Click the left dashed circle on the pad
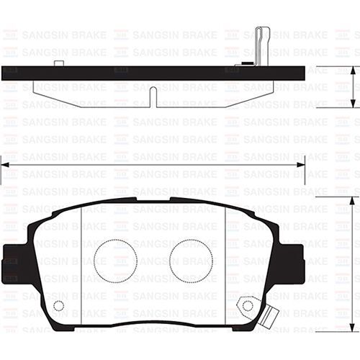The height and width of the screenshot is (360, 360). pyautogui.click(x=115, y=261)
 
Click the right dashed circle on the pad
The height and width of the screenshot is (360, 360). pyautogui.click(x=191, y=261)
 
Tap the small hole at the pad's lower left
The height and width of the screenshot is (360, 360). pyautogui.click(x=59, y=306)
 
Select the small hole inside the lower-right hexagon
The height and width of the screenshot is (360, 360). pyautogui.click(x=248, y=305)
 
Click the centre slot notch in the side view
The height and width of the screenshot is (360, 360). pyautogui.click(x=153, y=96)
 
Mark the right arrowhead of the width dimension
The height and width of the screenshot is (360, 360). pyautogui.click(x=301, y=165)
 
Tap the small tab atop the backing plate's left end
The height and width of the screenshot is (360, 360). pyautogui.click(x=58, y=63)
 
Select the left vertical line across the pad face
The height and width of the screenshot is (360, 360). pyautogui.click(x=81, y=263)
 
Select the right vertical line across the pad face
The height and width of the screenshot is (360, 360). pyautogui.click(x=226, y=263)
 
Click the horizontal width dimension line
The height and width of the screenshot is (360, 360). pyautogui.click(x=153, y=165)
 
